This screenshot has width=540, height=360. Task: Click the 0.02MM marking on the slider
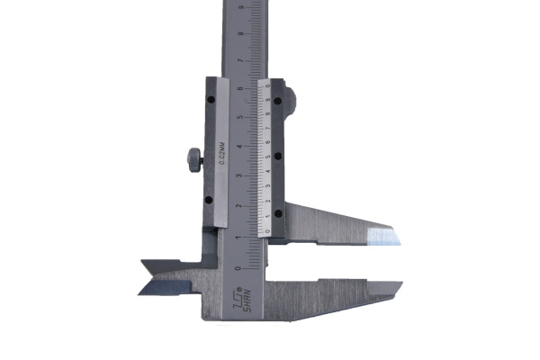pos(221,148)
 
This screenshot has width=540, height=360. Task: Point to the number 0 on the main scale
pos(237,267)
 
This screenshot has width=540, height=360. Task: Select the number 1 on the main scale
pos(237,237)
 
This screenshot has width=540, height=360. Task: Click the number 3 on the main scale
pos(238,176)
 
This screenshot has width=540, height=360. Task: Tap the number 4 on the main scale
pos(238,147)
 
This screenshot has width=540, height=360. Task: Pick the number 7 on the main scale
pos(238,59)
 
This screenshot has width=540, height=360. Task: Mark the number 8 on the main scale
pos(238,31)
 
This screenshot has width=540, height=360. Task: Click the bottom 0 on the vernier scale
pos(268,231)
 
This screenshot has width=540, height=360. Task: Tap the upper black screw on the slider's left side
pos(211,100)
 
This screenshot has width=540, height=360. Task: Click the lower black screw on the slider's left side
pos(209,200)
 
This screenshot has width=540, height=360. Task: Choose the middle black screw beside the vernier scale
pos(279,157)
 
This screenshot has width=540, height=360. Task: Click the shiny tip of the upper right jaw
pos(384,237)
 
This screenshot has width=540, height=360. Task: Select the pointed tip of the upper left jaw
pos(144,265)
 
